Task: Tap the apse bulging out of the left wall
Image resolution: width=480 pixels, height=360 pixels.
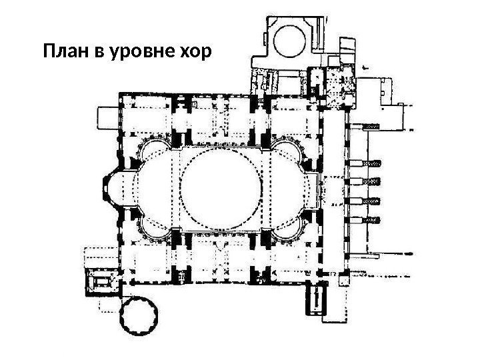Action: (112, 188)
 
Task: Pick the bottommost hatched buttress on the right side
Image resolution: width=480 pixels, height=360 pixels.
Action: (371, 219)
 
